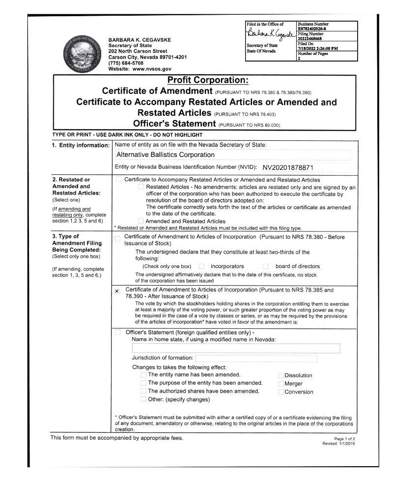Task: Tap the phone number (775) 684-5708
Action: [x=126, y=63]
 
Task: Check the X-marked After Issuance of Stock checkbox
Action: [x=117, y=291]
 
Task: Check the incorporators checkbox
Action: [x=201, y=266]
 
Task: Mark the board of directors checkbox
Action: [x=265, y=266]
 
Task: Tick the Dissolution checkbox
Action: [x=281, y=375]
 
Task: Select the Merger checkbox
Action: [x=281, y=384]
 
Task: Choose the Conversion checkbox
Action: [x=281, y=392]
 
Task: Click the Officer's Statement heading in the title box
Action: [x=174, y=123]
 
